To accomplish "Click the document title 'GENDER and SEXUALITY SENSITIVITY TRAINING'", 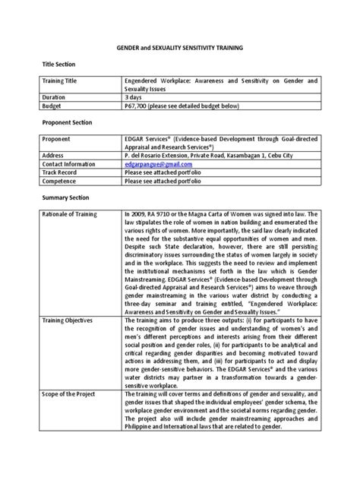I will coord(180,46).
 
